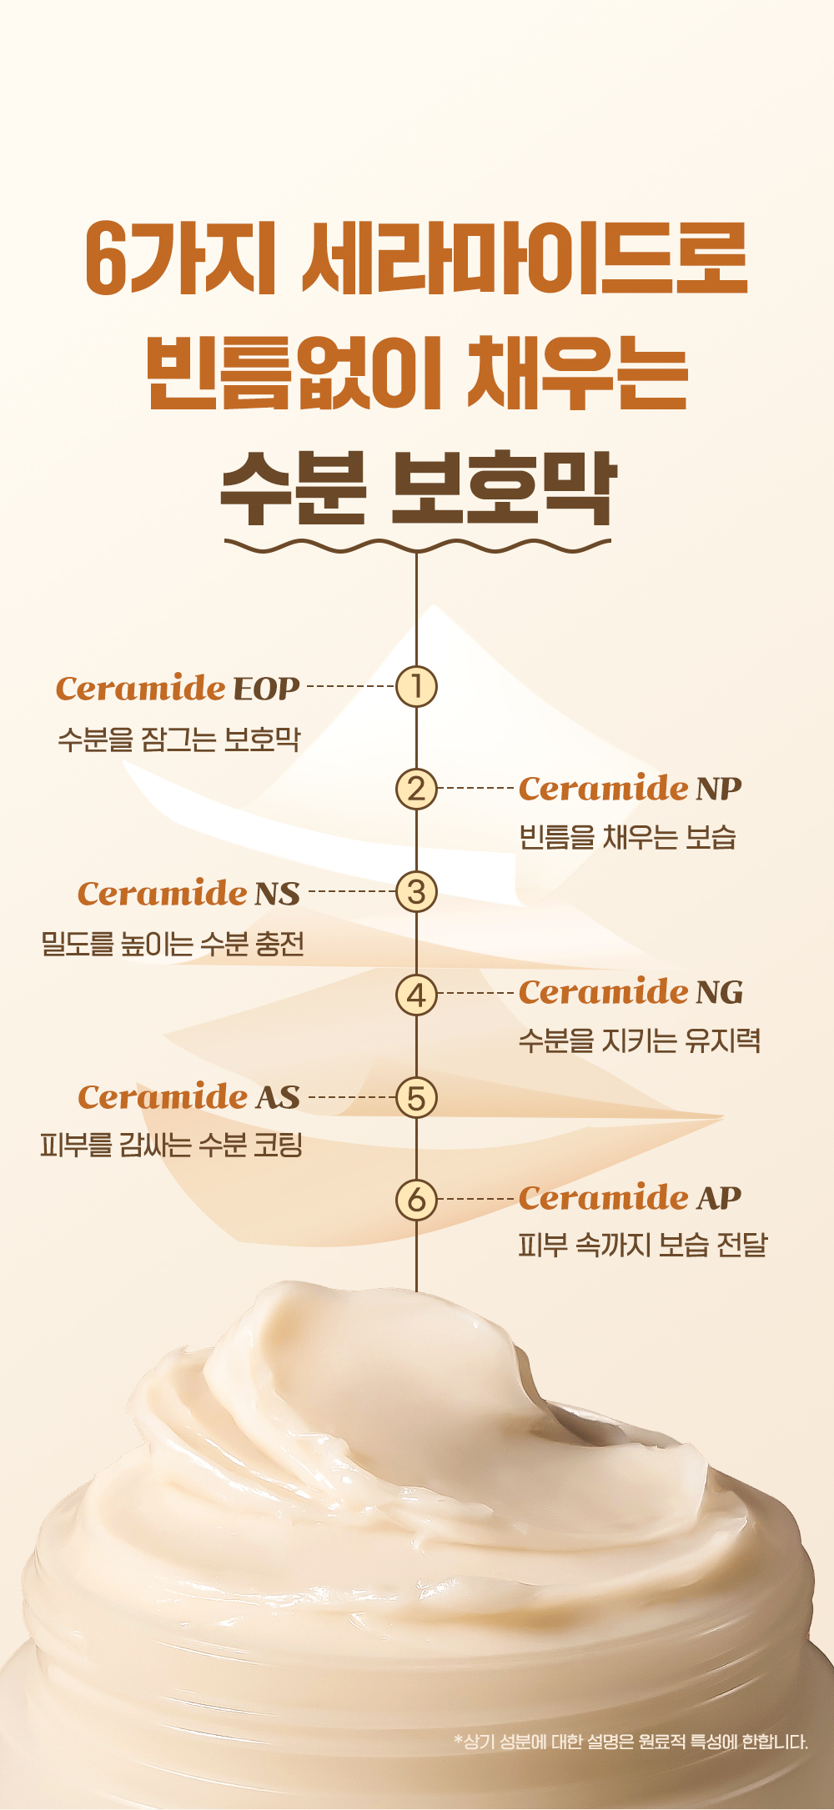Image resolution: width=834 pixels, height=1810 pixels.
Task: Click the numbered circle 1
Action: [416, 686]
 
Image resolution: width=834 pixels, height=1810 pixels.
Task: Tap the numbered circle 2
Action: [416, 788]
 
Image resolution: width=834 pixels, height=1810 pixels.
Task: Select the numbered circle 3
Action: [416, 891]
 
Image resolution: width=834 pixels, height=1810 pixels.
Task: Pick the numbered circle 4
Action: [416, 994]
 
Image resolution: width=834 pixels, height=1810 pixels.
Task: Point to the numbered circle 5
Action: [416, 1097]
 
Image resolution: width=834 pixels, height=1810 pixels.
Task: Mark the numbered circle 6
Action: [416, 1200]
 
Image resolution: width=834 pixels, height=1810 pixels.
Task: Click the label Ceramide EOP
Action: [178, 688]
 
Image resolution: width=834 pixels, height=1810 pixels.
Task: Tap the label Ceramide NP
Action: [630, 788]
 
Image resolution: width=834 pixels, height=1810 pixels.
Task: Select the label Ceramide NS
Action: [188, 893]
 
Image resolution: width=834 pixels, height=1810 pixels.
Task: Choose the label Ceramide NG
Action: [631, 991]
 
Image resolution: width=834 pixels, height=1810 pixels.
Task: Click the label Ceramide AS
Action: [188, 1096]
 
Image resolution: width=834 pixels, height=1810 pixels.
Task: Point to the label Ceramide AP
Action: [630, 1197]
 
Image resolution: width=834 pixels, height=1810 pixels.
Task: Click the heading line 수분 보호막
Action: [417, 489]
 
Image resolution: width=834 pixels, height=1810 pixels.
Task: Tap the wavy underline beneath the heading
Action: [417, 546]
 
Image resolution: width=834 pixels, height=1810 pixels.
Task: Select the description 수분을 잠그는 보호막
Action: [178, 739]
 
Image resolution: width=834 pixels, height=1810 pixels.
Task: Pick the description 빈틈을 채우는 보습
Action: [627, 837]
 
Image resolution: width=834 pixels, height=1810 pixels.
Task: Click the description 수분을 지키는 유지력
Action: [640, 1040]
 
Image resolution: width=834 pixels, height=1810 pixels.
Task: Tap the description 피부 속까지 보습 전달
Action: [642, 1246]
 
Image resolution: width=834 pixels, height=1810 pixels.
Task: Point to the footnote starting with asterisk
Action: [631, 1741]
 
